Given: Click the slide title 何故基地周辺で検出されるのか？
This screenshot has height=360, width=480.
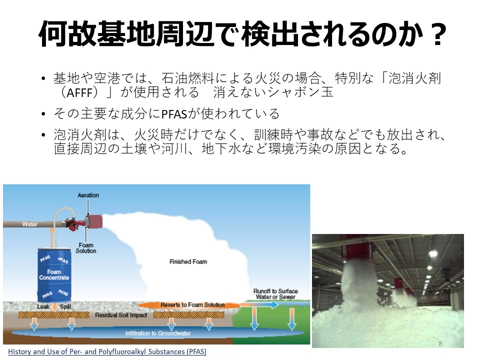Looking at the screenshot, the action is click(242, 33).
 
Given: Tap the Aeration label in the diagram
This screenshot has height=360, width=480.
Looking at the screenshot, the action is click(88, 195).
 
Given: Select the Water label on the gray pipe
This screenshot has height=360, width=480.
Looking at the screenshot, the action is click(29, 224).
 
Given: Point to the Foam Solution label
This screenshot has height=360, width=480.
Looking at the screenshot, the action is click(85, 248).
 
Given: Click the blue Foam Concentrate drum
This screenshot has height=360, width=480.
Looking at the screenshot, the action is click(54, 274).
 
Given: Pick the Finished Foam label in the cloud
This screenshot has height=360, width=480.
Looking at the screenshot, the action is click(188, 261).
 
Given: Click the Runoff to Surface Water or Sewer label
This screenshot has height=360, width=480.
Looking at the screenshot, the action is click(275, 294).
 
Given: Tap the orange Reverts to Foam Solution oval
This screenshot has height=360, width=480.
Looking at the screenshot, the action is click(189, 305).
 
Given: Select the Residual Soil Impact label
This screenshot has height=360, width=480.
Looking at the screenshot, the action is click(121, 315).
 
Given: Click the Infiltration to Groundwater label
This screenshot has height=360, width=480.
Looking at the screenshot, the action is click(157, 333).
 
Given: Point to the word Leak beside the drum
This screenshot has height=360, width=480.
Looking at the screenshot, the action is click(43, 306).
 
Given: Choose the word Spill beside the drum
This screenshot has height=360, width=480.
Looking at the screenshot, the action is click(65, 306).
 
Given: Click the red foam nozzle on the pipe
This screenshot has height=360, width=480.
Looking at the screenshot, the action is click(93, 221).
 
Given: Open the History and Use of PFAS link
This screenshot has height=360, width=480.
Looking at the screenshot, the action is click(107, 351).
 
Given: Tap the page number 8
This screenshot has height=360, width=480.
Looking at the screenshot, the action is click(440, 343).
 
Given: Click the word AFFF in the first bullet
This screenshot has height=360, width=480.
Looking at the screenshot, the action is click(79, 92).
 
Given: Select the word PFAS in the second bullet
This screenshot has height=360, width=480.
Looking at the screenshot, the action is click(174, 114).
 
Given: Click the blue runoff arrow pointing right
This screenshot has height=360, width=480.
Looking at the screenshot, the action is click(259, 304).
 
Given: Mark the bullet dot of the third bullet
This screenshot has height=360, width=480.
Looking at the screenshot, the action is click(43, 134).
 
